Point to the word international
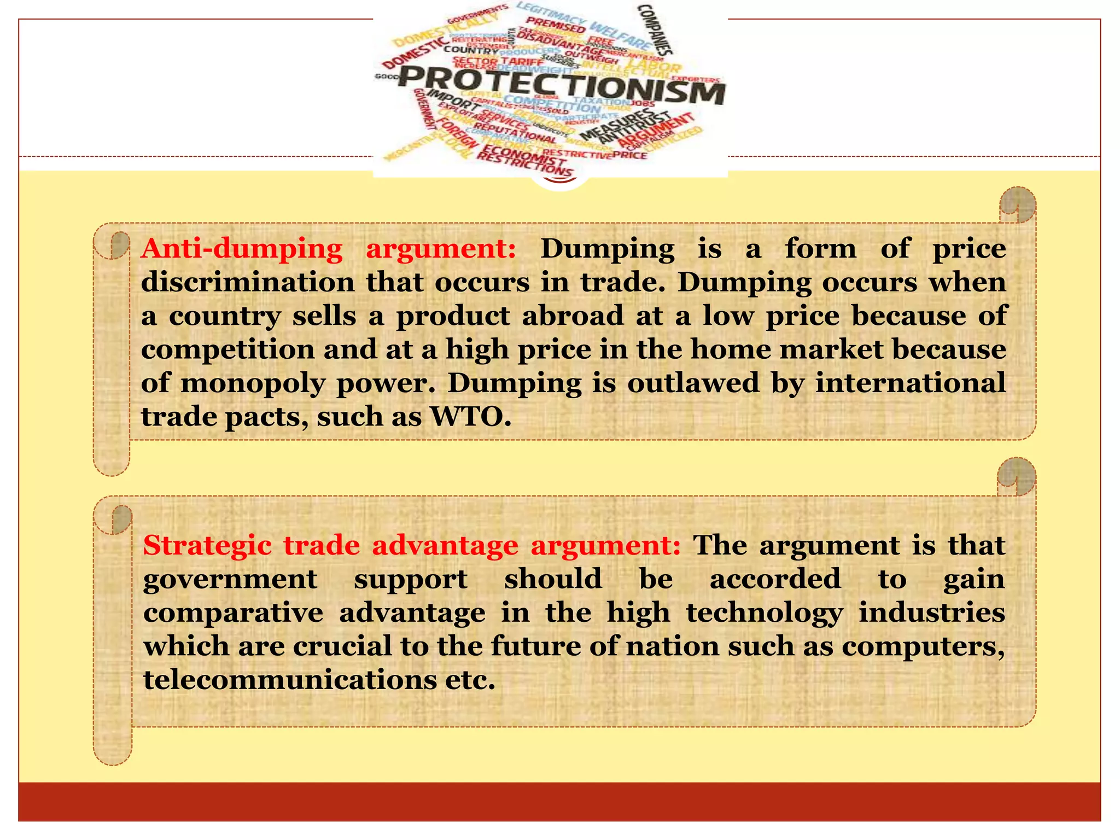click(910, 382)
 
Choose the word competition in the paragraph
click(227, 349)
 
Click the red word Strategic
click(207, 546)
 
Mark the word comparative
click(233, 613)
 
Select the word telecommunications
click(289, 680)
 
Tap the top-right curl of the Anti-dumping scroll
click(1017, 205)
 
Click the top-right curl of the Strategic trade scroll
click(1016, 476)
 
